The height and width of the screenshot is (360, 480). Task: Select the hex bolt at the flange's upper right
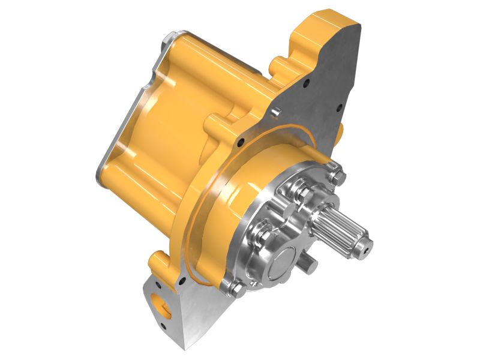338,176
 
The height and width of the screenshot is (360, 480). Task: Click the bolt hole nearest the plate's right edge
340,109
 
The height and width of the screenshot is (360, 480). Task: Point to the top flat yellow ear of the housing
327,18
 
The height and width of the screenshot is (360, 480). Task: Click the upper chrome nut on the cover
301,191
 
